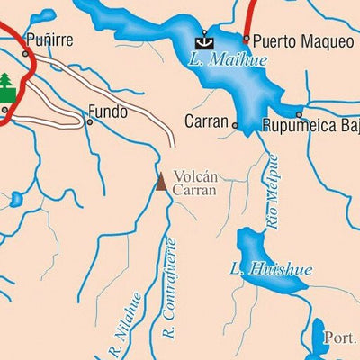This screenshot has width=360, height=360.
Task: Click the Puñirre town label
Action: point(50,40)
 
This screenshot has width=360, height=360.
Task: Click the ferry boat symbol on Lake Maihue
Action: point(204,40)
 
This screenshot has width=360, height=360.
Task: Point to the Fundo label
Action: point(107,113)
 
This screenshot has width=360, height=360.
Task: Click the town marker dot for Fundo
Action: point(89,121)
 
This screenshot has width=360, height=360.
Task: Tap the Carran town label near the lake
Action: point(206,121)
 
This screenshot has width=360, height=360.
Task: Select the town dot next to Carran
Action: point(235,126)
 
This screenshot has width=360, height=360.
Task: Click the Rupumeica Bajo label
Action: point(310,125)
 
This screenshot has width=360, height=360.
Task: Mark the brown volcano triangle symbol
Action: point(161,182)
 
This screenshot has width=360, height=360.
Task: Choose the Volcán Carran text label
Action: point(194,184)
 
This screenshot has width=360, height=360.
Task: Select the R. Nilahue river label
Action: point(122,324)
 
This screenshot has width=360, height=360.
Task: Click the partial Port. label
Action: point(341,338)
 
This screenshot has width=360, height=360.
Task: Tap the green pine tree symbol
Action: point(8,85)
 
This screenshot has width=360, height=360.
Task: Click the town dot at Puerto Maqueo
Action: point(246,40)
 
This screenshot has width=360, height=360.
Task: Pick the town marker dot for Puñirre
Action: point(25,54)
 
